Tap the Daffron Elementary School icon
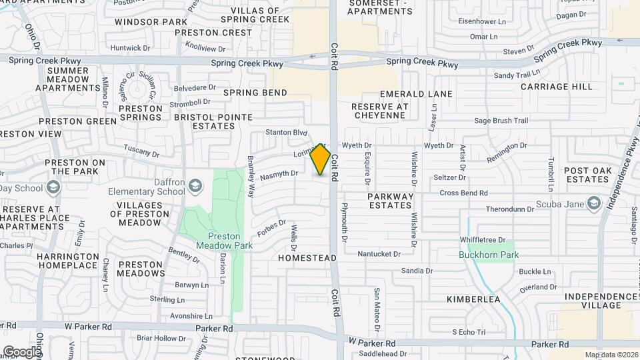195,185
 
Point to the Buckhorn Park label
489,255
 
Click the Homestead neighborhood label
307,257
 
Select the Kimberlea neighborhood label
473,299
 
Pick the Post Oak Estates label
587,175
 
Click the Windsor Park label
151,22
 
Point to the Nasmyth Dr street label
279,175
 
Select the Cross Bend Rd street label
463,193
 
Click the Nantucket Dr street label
379,254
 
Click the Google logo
21,351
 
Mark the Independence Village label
593,301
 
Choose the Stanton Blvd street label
286,132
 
